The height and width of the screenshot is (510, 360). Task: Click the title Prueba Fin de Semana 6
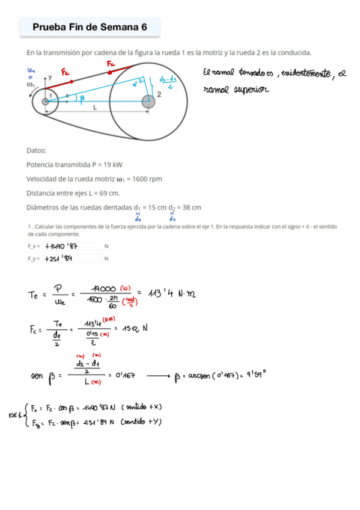(90, 26)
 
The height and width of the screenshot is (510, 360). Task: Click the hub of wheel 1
(45, 102)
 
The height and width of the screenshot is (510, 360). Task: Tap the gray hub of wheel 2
(148, 102)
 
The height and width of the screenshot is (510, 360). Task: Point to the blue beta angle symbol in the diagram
(82, 98)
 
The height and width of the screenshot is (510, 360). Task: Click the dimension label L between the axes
(96, 108)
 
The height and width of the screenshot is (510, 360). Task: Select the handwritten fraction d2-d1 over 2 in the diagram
(168, 82)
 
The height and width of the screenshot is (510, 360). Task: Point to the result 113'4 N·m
(171, 293)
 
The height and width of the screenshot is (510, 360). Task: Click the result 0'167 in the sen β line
(123, 374)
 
